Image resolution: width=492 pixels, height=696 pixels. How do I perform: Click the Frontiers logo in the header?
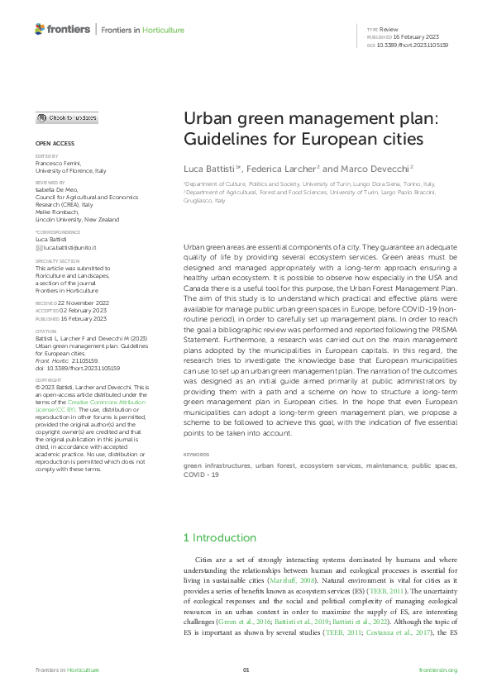tap(62, 30)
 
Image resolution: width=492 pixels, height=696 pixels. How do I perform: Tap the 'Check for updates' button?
tap(66, 118)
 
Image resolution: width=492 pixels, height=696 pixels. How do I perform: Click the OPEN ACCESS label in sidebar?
tap(54, 143)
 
